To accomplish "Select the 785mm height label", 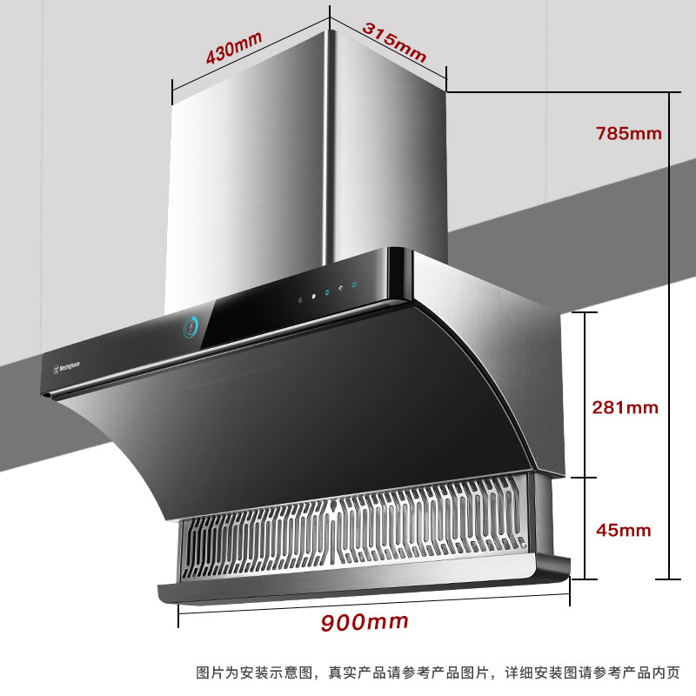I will [x=628, y=134].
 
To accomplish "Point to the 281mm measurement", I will [x=625, y=407].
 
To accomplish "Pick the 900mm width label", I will [x=365, y=622].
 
